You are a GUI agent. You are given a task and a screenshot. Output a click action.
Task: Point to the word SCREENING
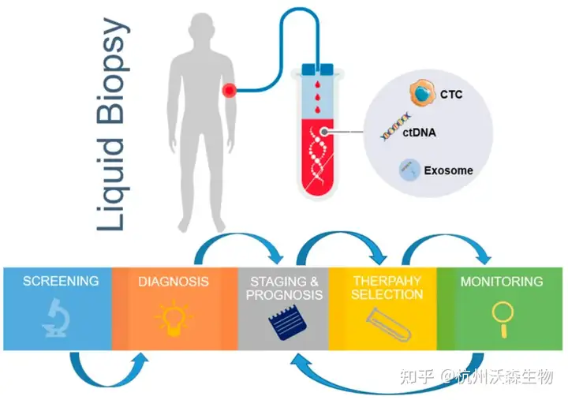(61, 281)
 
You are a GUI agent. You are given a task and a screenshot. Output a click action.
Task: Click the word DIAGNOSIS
(174, 281)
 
